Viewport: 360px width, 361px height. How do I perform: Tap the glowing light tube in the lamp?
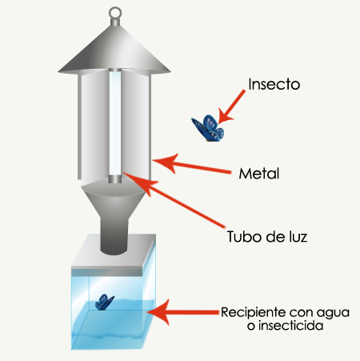pyautogui.click(x=115, y=123)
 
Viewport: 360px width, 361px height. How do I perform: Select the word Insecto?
pyautogui.click(x=274, y=84)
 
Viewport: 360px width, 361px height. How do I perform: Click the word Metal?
pyautogui.click(x=259, y=174)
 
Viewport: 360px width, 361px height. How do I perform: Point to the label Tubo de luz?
pyautogui.click(x=267, y=237)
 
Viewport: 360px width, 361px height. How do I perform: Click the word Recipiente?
pyautogui.click(x=253, y=313)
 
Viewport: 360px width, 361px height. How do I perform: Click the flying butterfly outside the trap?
pyautogui.click(x=208, y=128)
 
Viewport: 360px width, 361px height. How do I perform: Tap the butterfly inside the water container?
pyautogui.click(x=105, y=303)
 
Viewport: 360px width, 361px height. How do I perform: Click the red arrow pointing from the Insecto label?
pyautogui.click(x=230, y=106)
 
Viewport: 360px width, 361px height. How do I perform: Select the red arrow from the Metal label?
pyautogui.click(x=191, y=166)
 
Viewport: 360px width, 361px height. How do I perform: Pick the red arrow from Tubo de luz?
pyautogui.click(x=174, y=200)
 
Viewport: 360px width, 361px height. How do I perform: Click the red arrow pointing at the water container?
pyautogui.click(x=183, y=312)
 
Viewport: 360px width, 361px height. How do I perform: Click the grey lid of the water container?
pyautogui.click(x=114, y=255)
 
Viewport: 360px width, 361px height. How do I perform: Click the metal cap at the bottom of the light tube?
pyautogui.click(x=115, y=179)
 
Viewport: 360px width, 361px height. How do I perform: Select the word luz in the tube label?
pyautogui.click(x=298, y=237)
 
